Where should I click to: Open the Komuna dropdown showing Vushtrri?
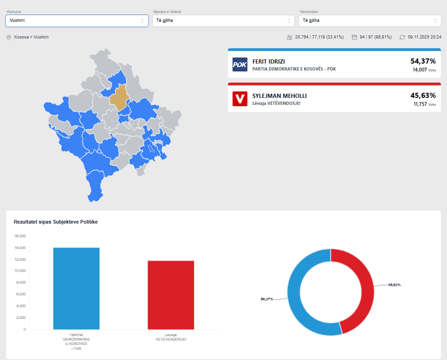(77, 20)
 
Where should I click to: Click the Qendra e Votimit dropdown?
(223, 20)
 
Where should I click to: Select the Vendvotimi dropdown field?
(369, 20)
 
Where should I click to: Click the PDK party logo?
(240, 65)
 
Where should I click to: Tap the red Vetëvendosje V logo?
(240, 99)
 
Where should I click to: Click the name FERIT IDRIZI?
(268, 61)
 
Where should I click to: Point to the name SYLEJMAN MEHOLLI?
(279, 96)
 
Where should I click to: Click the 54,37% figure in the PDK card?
(423, 61)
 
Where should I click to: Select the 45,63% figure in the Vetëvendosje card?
(423, 95)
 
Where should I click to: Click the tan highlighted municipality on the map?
(120, 97)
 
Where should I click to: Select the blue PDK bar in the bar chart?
(76, 288)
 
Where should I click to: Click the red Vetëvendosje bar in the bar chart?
(170, 295)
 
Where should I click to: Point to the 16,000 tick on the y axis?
(20, 236)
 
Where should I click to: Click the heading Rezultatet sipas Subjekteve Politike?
(56, 222)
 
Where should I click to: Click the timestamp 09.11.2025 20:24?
(424, 37)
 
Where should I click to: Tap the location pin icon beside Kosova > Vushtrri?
(8, 37)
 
